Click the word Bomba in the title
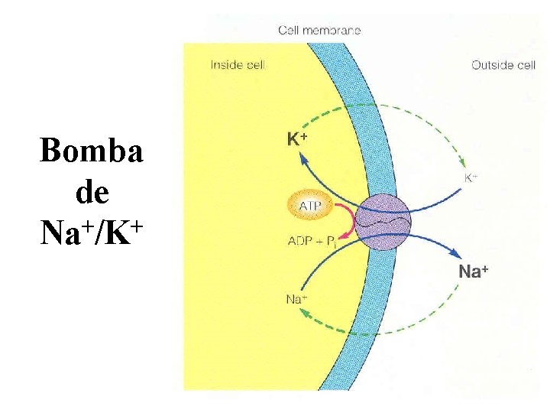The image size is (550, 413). pyautogui.click(x=92, y=151)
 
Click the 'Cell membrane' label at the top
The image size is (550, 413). pyautogui.click(x=319, y=31)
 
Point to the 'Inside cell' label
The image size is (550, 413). pyautogui.click(x=238, y=65)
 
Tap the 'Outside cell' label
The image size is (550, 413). pyautogui.click(x=503, y=65)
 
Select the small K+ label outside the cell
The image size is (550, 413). pyautogui.click(x=471, y=177)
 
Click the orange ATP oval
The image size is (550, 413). pyautogui.click(x=310, y=205)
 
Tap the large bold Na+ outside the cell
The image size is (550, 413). pyautogui.click(x=474, y=271)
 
